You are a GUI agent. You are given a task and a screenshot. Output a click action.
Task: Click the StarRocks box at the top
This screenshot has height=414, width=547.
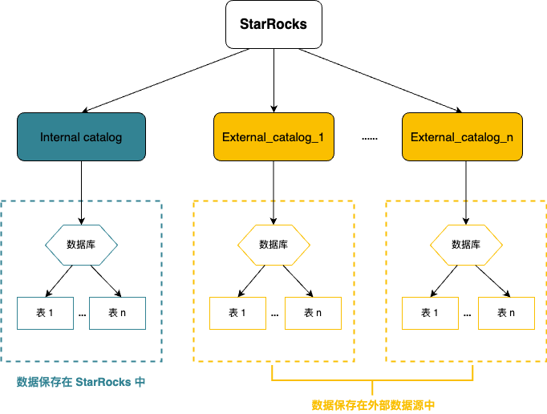point(273,23)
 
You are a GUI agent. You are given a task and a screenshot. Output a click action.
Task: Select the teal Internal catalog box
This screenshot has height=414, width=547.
point(81,137)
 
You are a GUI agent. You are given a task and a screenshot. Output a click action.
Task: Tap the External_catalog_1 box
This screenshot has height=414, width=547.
point(273,137)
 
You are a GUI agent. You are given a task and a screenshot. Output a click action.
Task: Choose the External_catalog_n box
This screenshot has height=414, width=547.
point(462,137)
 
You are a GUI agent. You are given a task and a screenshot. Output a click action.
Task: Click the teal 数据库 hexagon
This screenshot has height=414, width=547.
point(81,245)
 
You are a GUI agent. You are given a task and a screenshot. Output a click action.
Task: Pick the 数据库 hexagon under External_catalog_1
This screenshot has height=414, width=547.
point(273,245)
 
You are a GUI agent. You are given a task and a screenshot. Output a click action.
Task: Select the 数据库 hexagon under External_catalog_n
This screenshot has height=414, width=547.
point(466,245)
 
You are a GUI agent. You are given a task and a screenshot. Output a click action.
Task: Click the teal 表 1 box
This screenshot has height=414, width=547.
point(45,313)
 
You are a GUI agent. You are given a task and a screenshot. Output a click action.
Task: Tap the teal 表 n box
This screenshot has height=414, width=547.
point(117,313)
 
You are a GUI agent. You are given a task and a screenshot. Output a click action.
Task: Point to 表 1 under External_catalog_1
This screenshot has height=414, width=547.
point(237,313)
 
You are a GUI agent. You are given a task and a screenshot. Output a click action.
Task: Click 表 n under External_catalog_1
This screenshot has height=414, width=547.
point(313,313)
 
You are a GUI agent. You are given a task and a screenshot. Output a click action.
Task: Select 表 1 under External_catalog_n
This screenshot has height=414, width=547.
point(430,313)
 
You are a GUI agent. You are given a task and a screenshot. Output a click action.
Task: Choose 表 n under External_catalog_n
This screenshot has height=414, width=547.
point(506,313)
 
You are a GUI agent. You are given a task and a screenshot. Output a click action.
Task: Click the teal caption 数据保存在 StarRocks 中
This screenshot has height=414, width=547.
point(81,382)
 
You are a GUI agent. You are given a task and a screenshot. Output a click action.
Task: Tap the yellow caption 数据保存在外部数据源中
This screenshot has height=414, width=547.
point(373,405)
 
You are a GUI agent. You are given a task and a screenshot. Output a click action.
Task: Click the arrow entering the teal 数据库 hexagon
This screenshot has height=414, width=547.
point(81,213)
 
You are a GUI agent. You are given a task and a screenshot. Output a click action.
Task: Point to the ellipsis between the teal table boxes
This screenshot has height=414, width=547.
point(82,314)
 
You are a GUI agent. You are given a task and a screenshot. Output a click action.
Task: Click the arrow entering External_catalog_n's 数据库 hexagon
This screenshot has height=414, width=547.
point(466,213)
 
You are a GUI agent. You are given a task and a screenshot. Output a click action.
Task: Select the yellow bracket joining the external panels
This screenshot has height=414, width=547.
point(373,379)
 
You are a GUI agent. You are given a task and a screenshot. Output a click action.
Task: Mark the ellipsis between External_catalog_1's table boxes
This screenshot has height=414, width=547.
point(274,314)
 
